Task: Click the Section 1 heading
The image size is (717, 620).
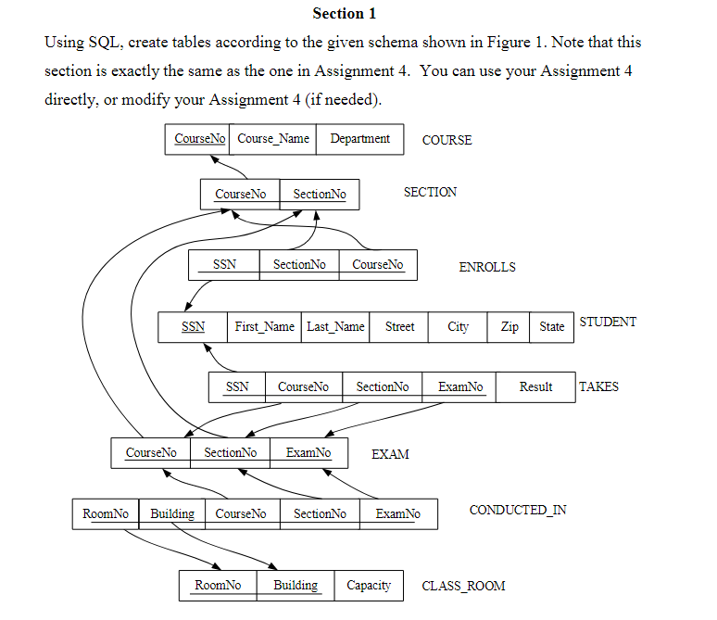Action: [345, 14]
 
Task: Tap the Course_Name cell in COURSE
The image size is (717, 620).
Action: [273, 139]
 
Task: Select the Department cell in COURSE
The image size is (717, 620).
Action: [359, 139]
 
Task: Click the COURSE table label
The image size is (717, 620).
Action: [447, 140]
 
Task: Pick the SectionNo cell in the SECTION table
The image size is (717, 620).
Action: [319, 194]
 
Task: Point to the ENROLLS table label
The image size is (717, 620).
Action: [487, 267]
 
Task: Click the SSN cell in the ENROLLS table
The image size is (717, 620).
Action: [224, 265]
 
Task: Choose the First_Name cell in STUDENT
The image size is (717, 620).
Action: [264, 327]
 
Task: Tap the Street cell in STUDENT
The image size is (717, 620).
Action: [399, 327]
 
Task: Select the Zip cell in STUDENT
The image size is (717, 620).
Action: [509, 327]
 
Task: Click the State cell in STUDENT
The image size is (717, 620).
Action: [551, 327]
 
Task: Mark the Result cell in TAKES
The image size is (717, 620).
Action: [535, 387]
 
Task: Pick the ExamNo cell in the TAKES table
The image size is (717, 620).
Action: [459, 387]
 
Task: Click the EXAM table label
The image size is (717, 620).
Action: [390, 454]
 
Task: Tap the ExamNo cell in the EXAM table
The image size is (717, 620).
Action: [308, 453]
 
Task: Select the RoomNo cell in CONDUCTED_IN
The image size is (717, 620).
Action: [105, 513]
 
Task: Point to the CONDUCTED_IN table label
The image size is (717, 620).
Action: [518, 511]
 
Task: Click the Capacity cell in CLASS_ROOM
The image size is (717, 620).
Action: [369, 586]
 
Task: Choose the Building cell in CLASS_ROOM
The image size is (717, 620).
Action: [295, 586]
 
